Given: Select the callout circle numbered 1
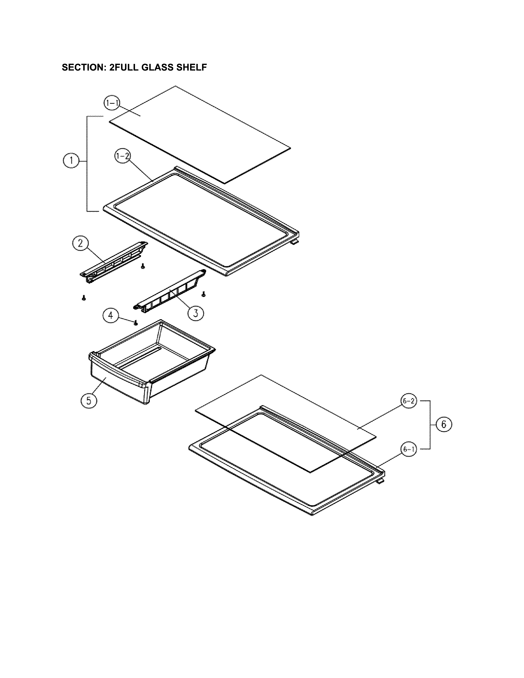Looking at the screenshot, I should click(x=71, y=160).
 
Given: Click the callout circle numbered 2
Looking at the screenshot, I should click(x=80, y=243).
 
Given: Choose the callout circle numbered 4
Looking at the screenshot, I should click(x=111, y=316).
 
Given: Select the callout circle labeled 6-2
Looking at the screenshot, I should click(x=409, y=401).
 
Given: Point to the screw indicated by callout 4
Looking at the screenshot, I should click(x=135, y=323).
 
